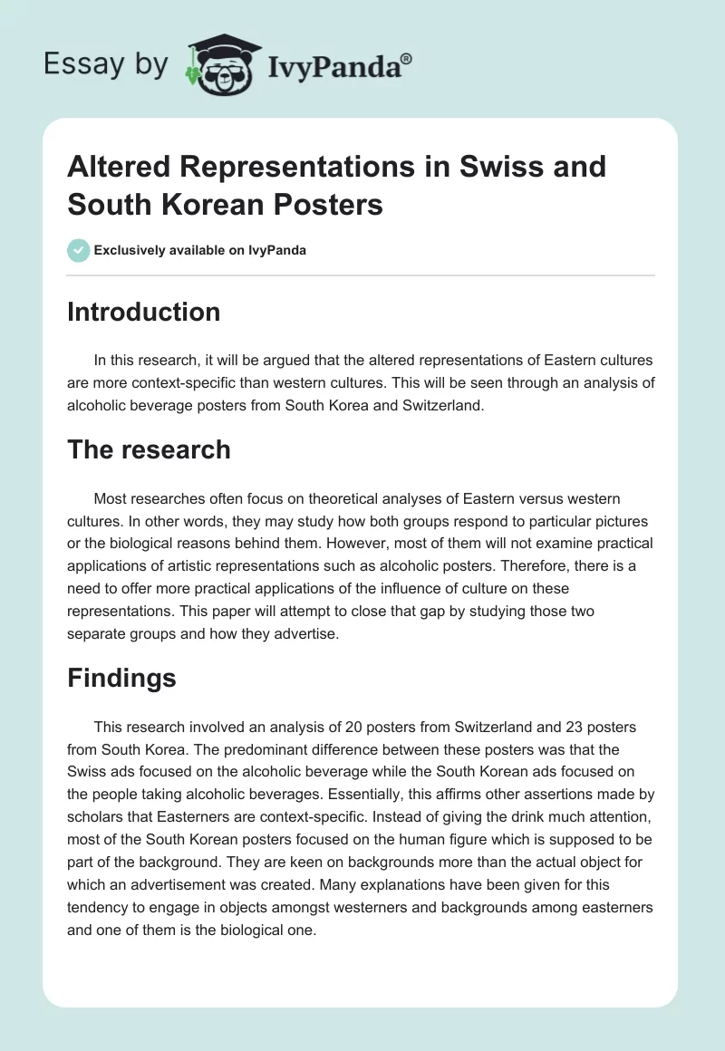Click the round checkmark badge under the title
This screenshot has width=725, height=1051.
coord(79,250)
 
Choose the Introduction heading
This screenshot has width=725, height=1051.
coord(144,312)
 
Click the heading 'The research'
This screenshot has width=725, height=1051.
coord(149,449)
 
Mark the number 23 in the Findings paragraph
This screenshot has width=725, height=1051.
coord(573,728)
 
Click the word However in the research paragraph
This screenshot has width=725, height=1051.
coord(439,543)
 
